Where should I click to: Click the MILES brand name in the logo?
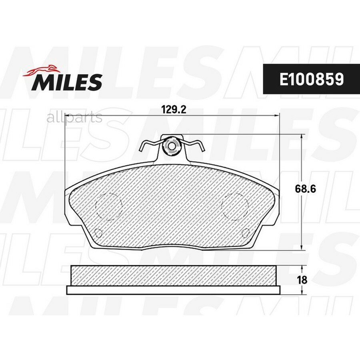coord(67,82)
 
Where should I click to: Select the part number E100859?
coord(311,79)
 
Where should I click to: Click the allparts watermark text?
coord(74,118)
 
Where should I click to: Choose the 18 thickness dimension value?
coord(302,280)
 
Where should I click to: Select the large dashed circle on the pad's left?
coord(109,206)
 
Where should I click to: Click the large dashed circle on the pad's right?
coord(235,206)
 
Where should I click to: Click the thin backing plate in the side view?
coord(173,290)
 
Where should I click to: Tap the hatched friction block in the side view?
coord(173,276)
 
